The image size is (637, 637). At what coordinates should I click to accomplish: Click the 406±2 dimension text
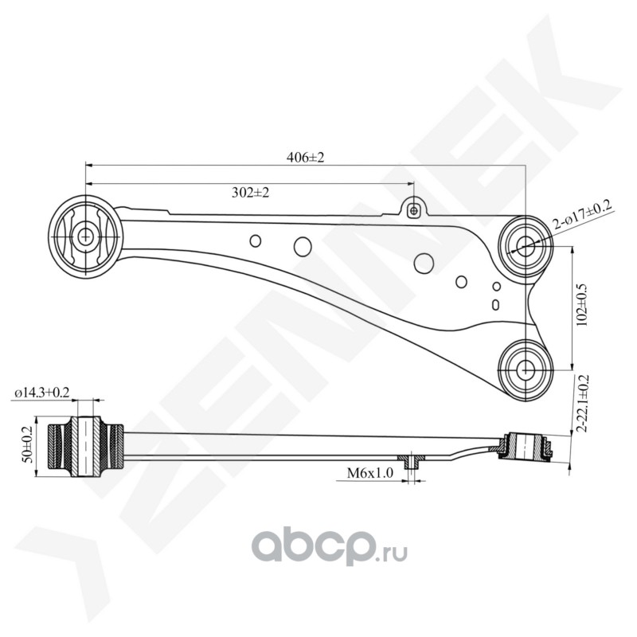(306, 158)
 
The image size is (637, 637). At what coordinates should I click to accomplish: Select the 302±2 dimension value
(250, 193)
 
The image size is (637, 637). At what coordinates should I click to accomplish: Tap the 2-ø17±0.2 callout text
(583, 217)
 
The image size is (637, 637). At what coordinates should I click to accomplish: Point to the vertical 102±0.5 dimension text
(587, 305)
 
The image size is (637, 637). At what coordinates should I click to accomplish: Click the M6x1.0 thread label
(370, 473)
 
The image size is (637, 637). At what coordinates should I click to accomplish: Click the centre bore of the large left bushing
(86, 236)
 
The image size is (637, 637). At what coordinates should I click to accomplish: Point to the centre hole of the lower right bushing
(526, 369)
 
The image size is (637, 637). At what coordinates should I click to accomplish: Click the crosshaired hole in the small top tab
(413, 210)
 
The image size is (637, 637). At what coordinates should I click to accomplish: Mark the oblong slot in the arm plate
(496, 304)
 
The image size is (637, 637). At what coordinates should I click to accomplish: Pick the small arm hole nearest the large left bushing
(255, 240)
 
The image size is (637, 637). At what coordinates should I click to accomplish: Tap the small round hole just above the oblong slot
(496, 286)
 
